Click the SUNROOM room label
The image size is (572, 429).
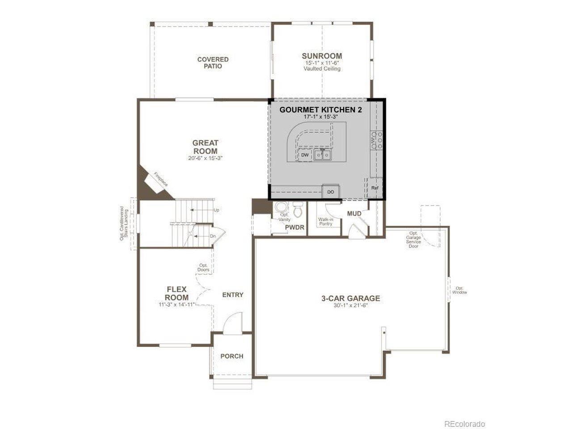[322, 56]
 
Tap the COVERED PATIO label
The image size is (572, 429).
[213, 63]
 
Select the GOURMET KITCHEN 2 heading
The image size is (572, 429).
[320, 110]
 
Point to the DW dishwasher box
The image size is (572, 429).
[305, 155]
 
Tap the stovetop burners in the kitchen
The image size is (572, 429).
[377, 140]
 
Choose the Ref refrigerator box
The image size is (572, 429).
[375, 188]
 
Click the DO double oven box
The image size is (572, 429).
[330, 192]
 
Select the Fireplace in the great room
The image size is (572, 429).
[156, 184]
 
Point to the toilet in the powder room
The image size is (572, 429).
[297, 209]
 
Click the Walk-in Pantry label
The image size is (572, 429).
[325, 222]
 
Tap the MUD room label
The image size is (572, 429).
[354, 214]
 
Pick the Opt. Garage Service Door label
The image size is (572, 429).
[413, 240]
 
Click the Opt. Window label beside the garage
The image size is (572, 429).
[459, 290]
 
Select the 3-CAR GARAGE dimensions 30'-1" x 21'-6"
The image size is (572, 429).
[350, 306]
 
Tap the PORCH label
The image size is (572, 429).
[231, 356]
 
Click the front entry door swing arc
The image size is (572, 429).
[231, 315]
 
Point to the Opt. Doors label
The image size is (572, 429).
[203, 268]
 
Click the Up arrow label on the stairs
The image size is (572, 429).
[216, 210]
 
